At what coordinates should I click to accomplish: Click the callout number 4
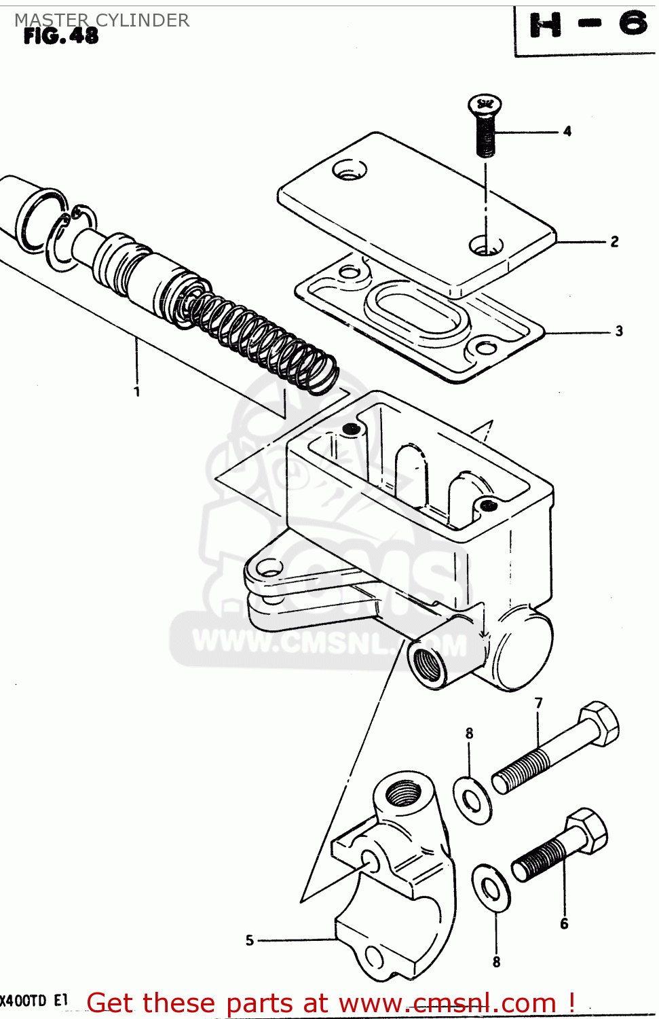[567, 131]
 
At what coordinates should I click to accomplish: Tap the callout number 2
[614, 242]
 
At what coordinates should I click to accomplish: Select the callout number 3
[618, 332]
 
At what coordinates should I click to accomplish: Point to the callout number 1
[137, 391]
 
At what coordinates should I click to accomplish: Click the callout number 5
[250, 940]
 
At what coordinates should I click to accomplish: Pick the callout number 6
[564, 923]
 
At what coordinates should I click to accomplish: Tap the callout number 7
[538, 703]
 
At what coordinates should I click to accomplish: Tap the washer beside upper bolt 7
[472, 801]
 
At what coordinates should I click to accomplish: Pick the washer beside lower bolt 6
[491, 887]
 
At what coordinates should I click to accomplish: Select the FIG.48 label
[61, 36]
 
